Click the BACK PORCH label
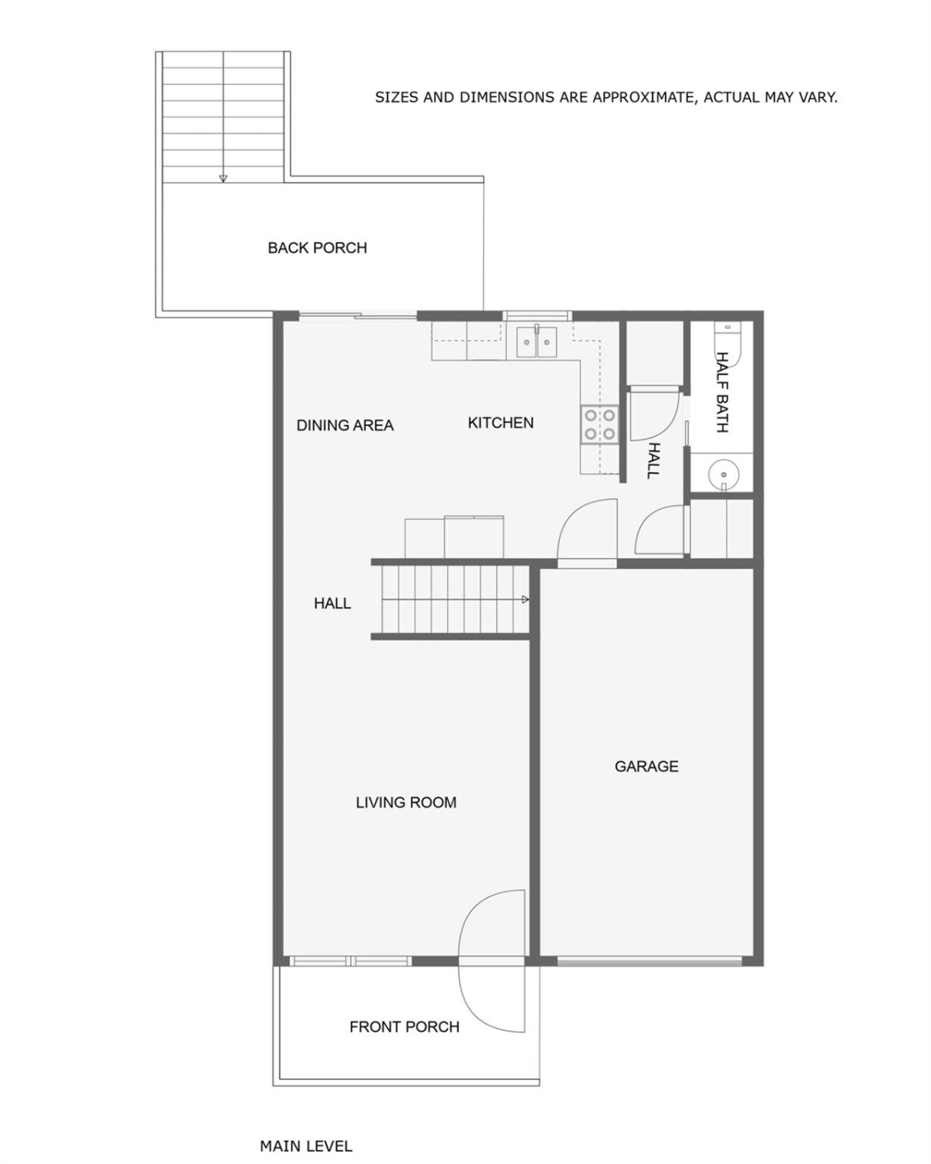(317, 248)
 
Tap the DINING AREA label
(344, 425)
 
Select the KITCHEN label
(500, 423)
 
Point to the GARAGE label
(646, 766)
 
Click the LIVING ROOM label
(406, 803)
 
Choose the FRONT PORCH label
(404, 1027)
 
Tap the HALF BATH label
(722, 391)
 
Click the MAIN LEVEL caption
(305, 1146)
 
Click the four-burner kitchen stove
(599, 424)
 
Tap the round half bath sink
(722, 474)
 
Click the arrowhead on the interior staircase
(525, 600)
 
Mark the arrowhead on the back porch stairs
(223, 179)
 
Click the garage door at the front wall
(649, 961)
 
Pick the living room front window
(350, 961)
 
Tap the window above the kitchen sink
(537, 315)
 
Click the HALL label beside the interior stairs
(332, 603)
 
